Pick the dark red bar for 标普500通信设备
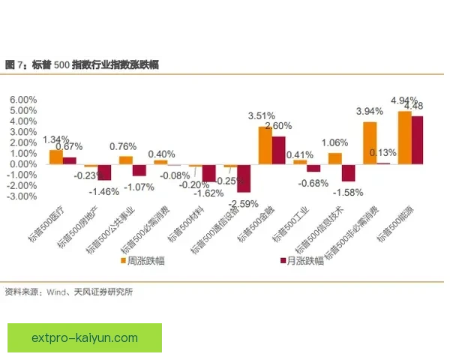[244, 178]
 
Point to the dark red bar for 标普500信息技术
[348, 172]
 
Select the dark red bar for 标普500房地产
[104, 172]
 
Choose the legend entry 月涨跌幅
[304, 260]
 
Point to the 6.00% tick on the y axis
[23, 100]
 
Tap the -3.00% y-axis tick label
[22, 196]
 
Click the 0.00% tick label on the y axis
[23, 163]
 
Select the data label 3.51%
[262, 115]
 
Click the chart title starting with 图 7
[82, 65]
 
